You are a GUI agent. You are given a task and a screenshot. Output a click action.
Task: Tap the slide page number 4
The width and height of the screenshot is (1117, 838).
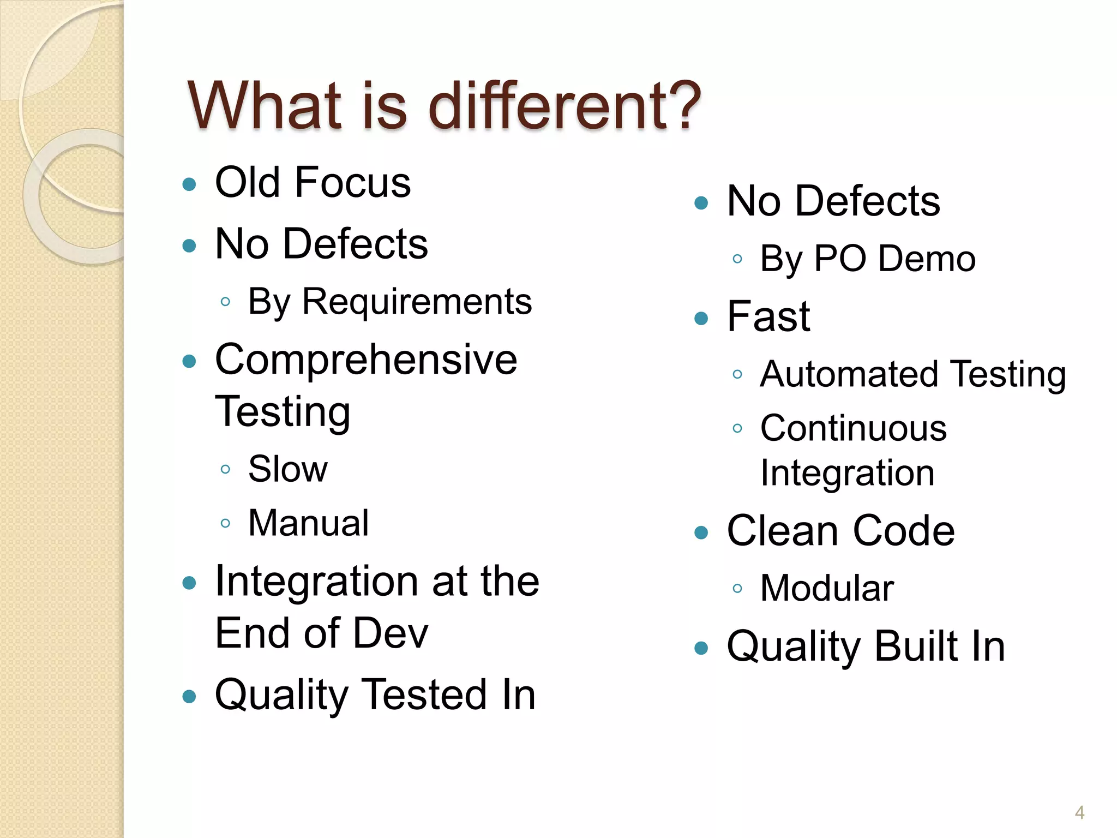point(1079,812)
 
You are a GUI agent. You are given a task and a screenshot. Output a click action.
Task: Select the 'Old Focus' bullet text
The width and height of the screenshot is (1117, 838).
point(313,182)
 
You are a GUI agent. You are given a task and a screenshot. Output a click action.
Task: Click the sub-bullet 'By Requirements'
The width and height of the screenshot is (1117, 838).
point(389,301)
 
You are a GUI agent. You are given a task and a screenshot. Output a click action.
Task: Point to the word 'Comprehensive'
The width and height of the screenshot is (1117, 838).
point(366,360)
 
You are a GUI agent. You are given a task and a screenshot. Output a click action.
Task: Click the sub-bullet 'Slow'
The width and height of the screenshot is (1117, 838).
point(288,469)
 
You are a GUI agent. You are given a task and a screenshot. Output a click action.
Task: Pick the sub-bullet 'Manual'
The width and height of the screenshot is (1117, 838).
point(309,523)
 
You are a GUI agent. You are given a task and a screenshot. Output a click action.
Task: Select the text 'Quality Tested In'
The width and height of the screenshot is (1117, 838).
point(375,695)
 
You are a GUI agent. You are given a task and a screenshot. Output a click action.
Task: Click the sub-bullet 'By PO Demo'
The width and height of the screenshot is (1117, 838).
point(867,259)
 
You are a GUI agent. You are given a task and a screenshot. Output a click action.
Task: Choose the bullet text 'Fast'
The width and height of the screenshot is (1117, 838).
point(768,316)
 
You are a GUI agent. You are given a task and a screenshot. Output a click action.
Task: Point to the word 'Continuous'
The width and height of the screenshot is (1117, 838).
point(854,428)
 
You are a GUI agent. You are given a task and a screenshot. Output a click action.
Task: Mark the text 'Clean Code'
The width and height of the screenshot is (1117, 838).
point(840,530)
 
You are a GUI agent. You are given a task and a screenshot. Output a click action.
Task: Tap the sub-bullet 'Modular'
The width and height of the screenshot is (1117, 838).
point(827,588)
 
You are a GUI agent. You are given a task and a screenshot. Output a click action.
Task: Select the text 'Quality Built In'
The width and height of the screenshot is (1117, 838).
point(866,646)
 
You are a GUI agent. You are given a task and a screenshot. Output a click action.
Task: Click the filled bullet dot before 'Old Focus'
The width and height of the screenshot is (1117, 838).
point(189,184)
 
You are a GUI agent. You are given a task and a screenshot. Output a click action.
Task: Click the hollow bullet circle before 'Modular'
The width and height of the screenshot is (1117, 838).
point(737,588)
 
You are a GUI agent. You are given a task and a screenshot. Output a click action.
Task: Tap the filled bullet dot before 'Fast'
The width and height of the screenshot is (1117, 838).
point(701,318)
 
